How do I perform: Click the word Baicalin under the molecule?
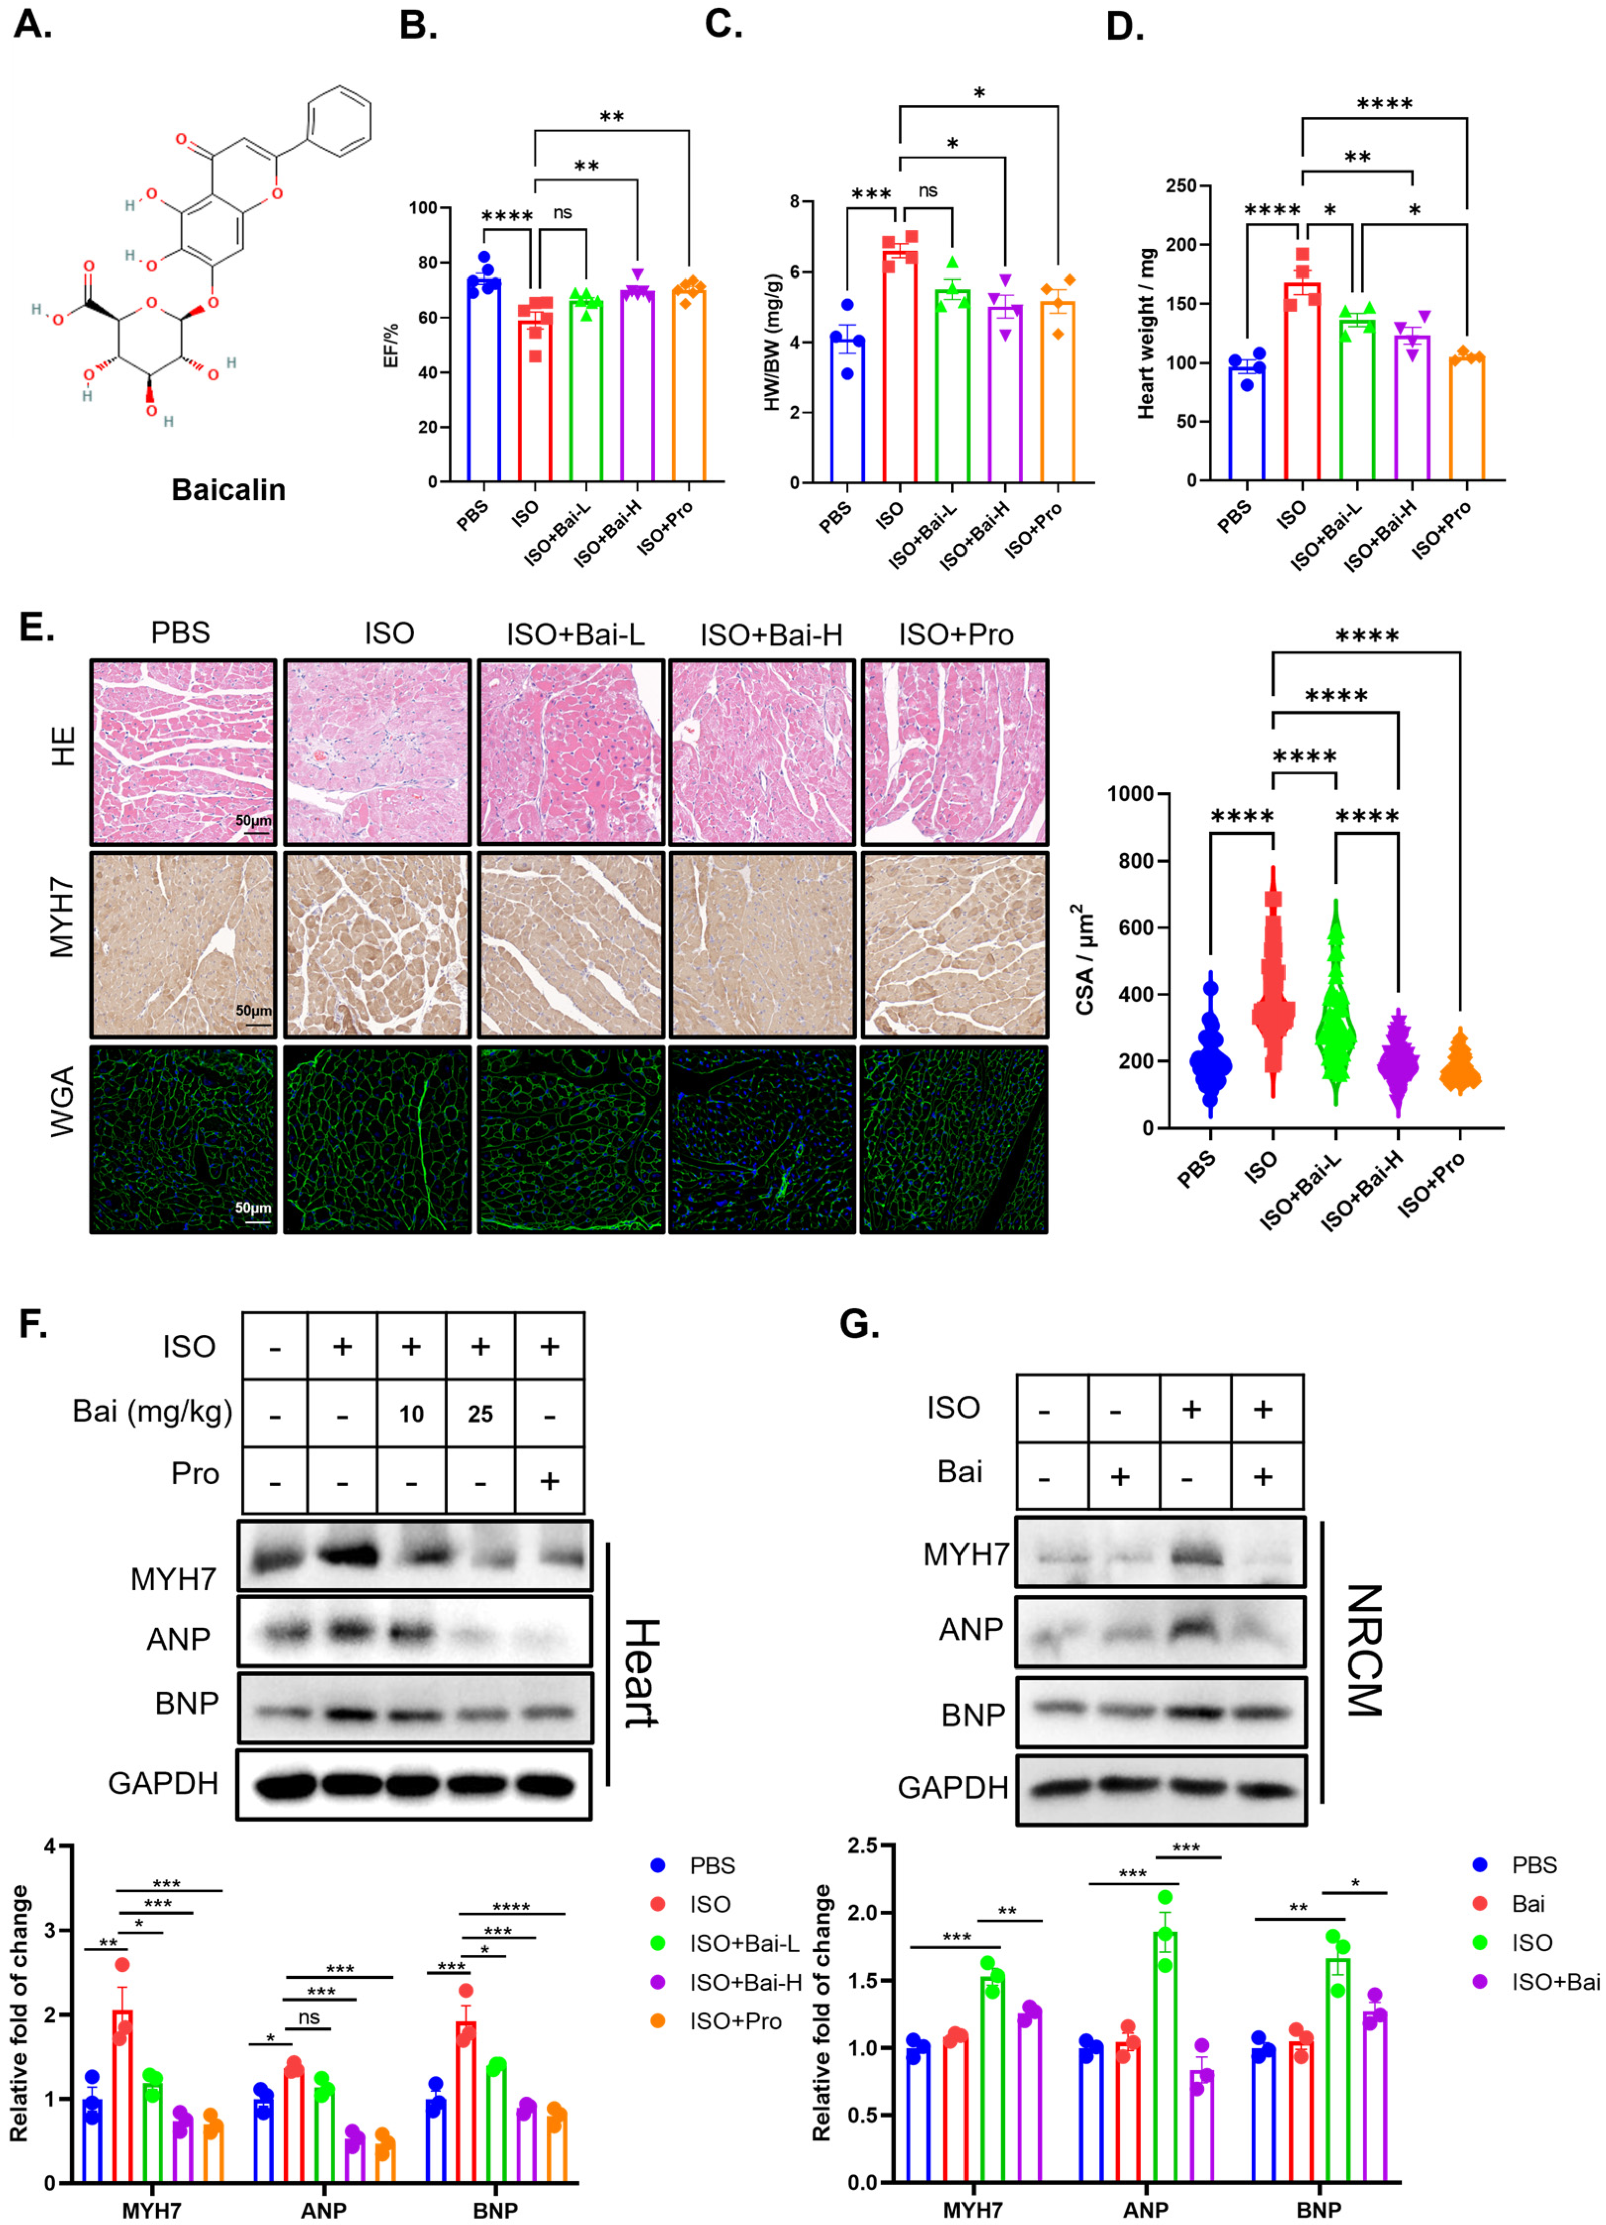pyautogui.click(x=228, y=489)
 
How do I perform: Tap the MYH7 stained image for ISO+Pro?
pyautogui.click(x=953, y=945)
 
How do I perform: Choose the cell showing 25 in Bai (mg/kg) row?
pyautogui.click(x=480, y=1414)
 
